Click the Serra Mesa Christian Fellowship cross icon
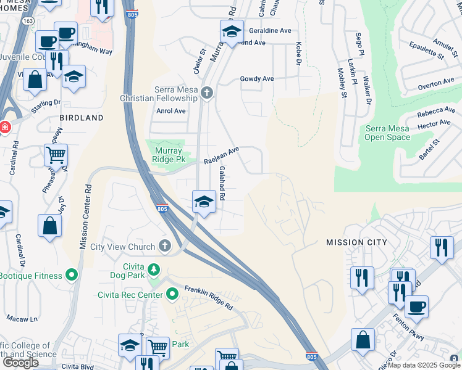pyautogui.click(x=207, y=92)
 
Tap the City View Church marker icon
pyautogui.click(x=164, y=247)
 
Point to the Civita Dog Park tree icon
pyautogui.click(x=154, y=269)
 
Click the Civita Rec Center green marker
pyautogui.click(x=173, y=295)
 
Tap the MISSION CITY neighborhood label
pyautogui.click(x=356, y=242)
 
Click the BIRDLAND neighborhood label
pyautogui.click(x=78, y=117)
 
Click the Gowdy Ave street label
pyautogui.click(x=257, y=79)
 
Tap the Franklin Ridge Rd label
pyautogui.click(x=206, y=297)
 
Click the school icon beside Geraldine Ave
pyautogui.click(x=232, y=32)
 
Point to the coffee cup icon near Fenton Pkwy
pyautogui.click(x=416, y=306)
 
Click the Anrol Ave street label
pyautogui.click(x=171, y=111)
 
